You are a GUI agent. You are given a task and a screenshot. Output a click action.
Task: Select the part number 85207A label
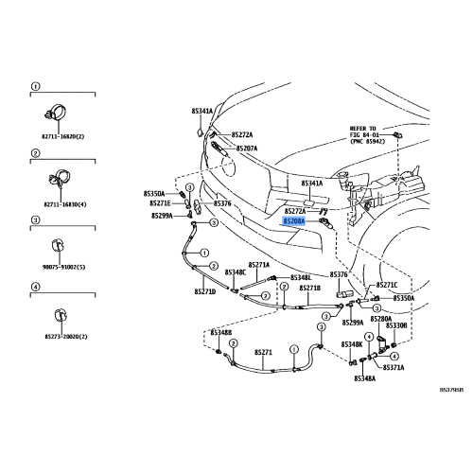[246, 149]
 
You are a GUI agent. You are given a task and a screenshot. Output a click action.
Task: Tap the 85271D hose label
[205, 291]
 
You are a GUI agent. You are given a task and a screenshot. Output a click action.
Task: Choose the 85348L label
[300, 277]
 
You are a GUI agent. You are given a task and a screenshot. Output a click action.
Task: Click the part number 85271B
[309, 288]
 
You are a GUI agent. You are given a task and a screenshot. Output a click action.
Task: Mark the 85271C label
[387, 285]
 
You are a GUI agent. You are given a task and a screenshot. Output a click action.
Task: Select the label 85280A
[380, 319]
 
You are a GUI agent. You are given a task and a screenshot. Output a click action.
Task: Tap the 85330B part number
[395, 326]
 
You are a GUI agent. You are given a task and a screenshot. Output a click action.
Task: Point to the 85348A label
[364, 377]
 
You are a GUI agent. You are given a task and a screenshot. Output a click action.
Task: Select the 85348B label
[194, 333]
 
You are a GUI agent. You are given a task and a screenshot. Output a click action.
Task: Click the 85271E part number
[160, 202]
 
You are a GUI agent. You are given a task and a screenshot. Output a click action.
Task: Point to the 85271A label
[259, 265]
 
